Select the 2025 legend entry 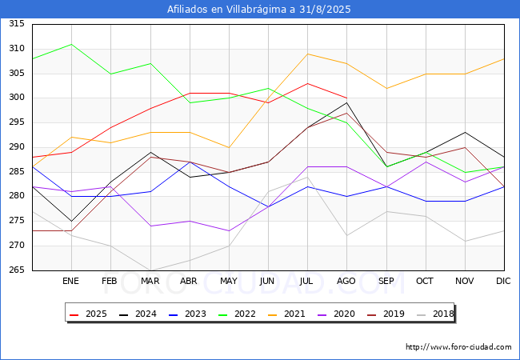point(88,314)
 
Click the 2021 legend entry point(286,314)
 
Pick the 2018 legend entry point(435,314)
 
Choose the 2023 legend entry point(187,314)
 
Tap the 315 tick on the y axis point(17,23)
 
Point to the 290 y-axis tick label point(17,147)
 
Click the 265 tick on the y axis point(17,270)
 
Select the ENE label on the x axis point(70,281)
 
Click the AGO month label point(346,281)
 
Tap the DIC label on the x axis point(503,281)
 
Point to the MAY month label point(229,281)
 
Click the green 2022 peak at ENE point(72,44)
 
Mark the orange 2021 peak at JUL point(308,54)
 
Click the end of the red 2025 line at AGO point(347,98)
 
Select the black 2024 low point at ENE point(72,221)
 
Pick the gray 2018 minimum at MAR point(150,270)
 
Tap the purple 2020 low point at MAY point(229,231)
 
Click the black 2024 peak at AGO point(347,102)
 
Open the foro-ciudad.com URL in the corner point(458,347)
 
